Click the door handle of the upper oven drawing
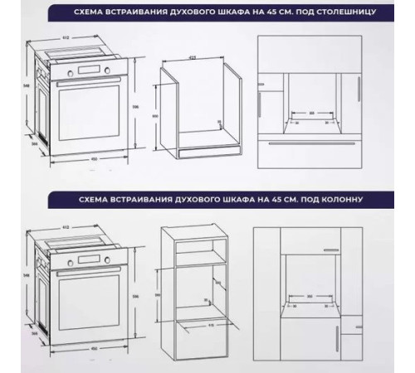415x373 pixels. (x=89, y=85)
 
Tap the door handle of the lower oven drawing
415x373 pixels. (x=89, y=271)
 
